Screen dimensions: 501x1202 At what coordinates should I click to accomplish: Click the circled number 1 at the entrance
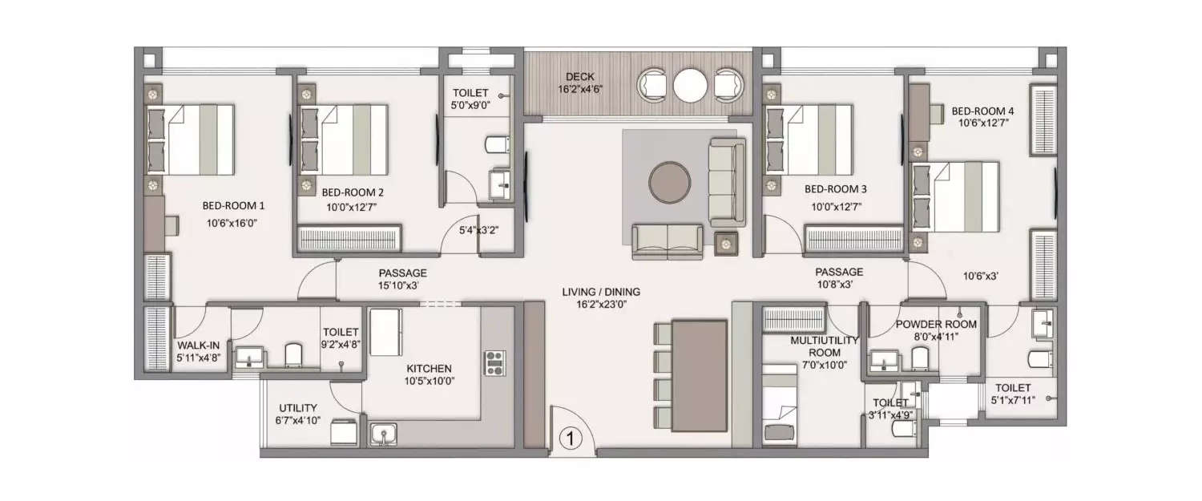tap(570, 438)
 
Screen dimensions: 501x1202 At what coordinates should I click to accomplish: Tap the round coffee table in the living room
tap(668, 184)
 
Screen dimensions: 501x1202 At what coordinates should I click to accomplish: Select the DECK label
tap(579, 76)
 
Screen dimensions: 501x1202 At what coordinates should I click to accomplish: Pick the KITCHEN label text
tap(428, 368)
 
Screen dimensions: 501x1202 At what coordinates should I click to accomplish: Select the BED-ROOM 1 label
tap(233, 205)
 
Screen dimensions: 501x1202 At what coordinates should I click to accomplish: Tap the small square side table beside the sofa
tap(725, 241)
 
